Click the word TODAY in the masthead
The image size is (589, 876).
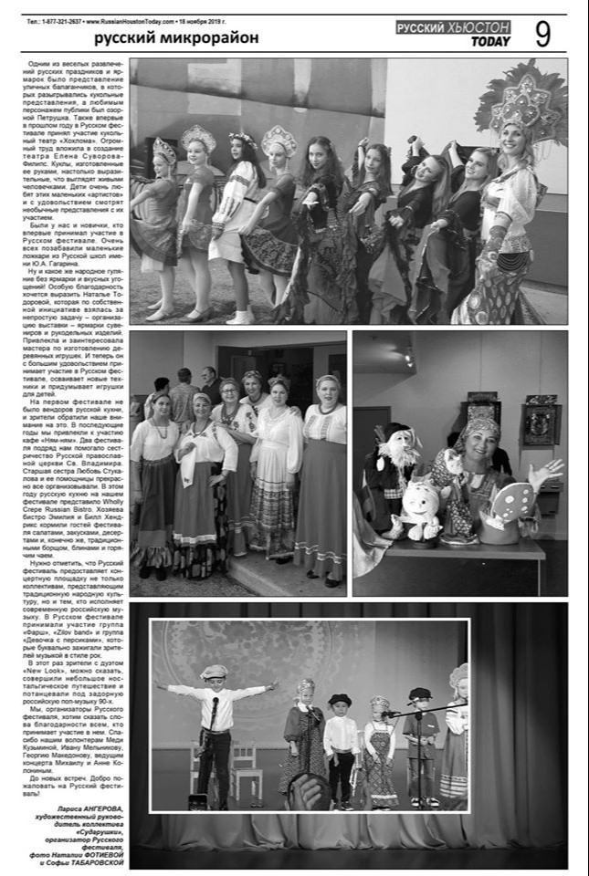(x=490, y=42)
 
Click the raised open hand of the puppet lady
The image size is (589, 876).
(x=548, y=472)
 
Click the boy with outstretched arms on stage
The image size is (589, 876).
(x=216, y=711)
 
